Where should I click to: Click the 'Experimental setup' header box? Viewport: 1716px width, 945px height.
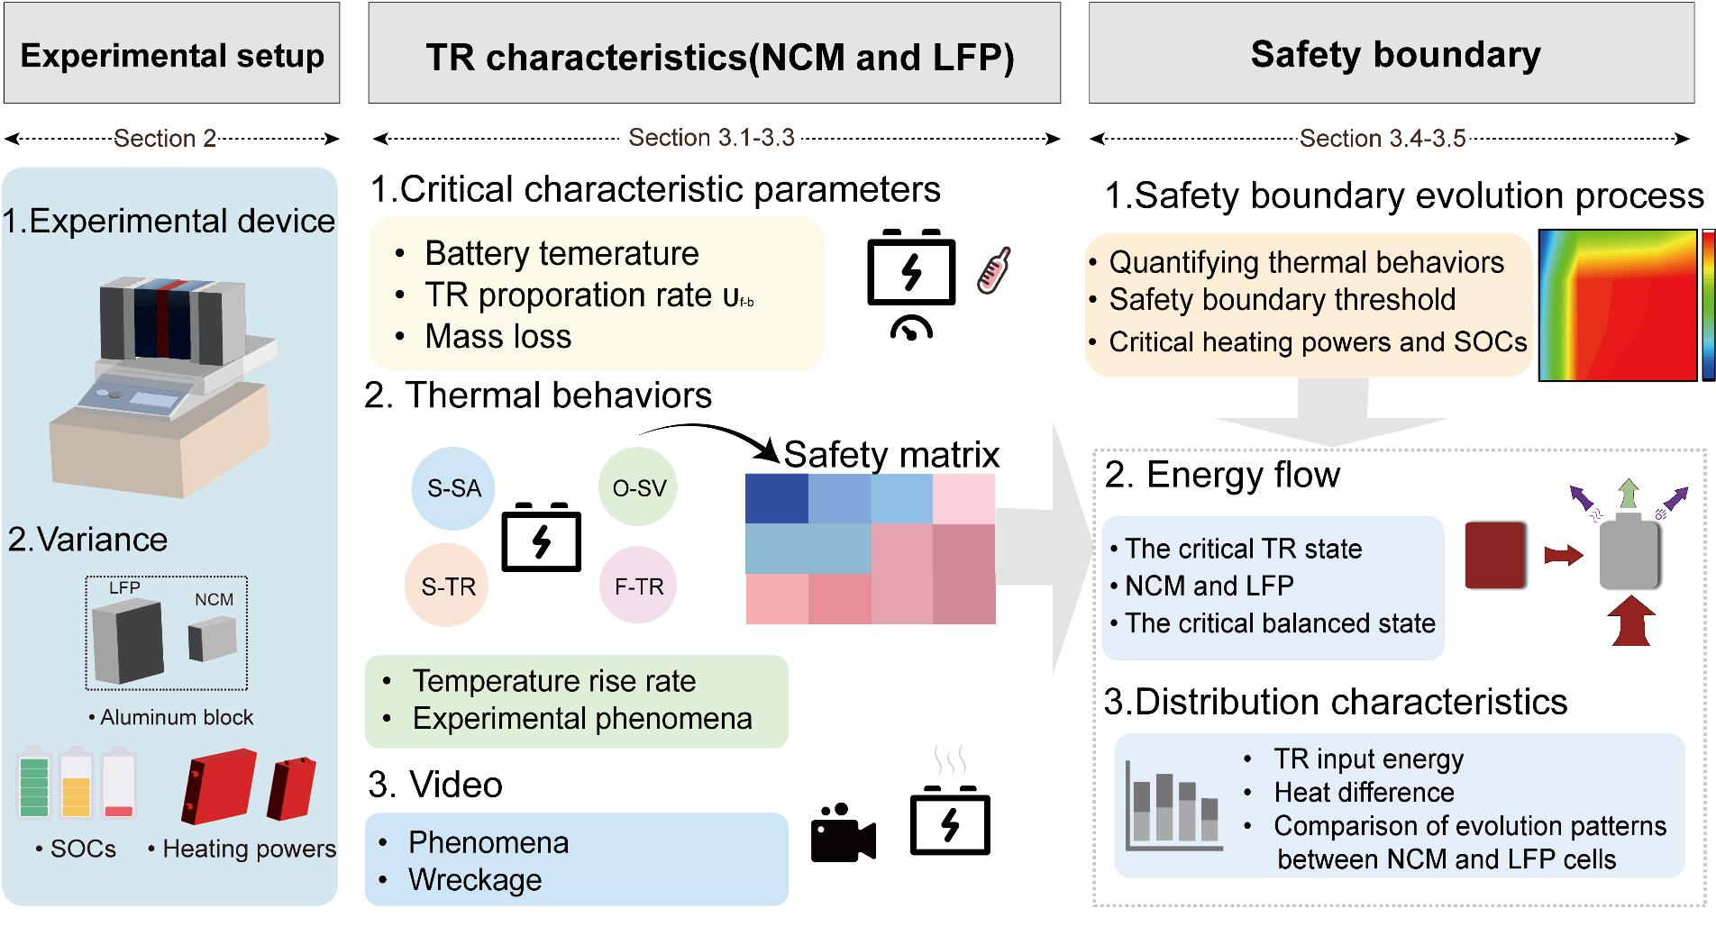tap(172, 54)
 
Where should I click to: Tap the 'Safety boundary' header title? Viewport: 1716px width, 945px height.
tap(1395, 54)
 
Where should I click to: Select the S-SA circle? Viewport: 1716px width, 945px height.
tap(453, 488)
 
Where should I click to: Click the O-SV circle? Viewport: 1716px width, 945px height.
tap(639, 487)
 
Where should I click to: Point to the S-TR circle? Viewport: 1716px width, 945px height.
tap(448, 586)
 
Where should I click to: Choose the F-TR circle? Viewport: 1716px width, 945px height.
tap(639, 586)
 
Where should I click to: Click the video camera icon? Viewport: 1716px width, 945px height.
tap(843, 832)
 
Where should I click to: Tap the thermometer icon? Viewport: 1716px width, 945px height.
tap(995, 269)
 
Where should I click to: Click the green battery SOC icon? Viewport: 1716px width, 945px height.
tap(34, 783)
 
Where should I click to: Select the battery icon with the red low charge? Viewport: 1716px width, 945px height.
tap(118, 783)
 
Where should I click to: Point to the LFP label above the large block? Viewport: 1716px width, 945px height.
tap(124, 587)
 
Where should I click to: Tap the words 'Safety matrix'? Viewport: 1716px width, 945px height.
tap(891, 454)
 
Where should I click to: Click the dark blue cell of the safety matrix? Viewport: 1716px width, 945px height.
tap(776, 498)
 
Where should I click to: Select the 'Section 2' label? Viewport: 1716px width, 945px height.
tap(165, 139)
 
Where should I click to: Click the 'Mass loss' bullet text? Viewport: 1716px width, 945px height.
tap(497, 336)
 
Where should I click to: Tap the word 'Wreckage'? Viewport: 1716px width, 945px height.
tap(475, 879)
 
